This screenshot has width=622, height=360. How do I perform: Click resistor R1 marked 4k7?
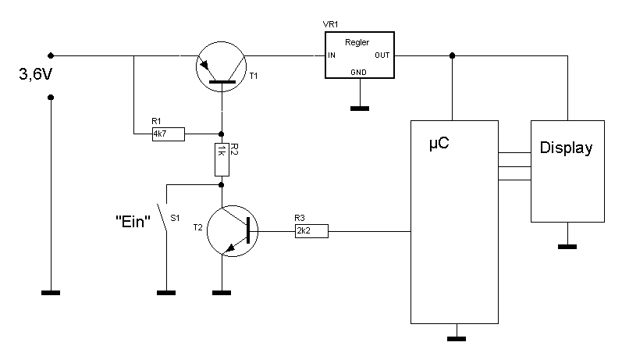point(169,134)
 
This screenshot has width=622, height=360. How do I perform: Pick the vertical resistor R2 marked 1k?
point(222,159)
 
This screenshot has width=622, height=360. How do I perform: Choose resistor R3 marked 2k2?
point(311,230)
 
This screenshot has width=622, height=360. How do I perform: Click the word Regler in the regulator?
point(357,42)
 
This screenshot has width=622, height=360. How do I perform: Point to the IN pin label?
point(332,55)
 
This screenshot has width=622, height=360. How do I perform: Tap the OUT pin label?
point(382,55)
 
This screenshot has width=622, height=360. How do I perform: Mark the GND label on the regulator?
point(359,71)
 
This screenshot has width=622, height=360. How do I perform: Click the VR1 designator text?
point(332,25)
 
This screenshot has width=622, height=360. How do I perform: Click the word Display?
point(567,148)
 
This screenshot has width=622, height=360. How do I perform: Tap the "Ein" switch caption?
point(132,221)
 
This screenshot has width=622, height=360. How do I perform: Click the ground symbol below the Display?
point(567,247)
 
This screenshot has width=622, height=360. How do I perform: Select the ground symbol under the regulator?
point(359,108)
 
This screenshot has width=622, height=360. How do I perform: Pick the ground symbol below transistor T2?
point(222,294)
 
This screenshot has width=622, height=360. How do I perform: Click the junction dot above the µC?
point(453,55)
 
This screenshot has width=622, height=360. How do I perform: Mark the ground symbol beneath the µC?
point(456,339)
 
